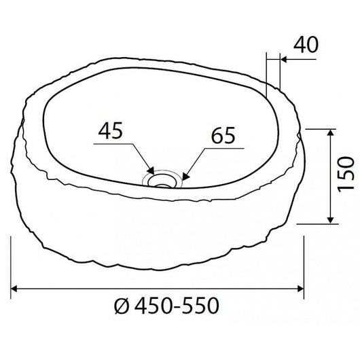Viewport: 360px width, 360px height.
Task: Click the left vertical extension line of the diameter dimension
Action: [12, 265]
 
